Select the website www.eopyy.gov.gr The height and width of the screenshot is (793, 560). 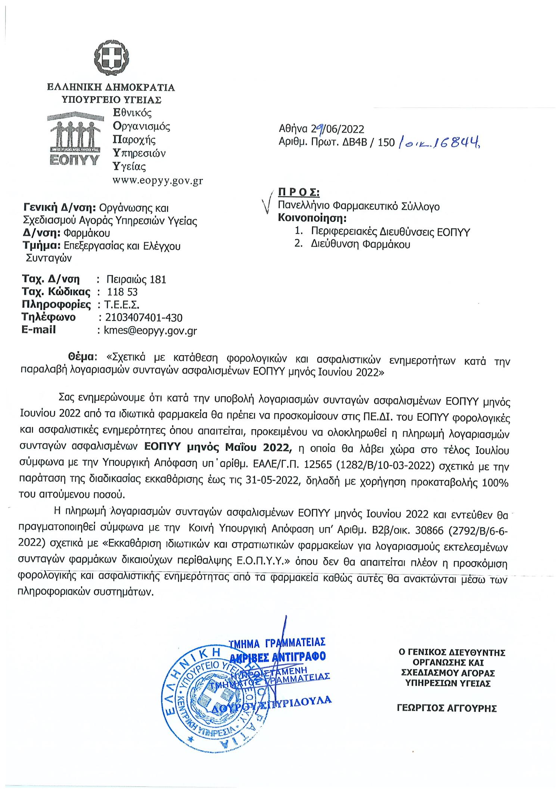pos(158,181)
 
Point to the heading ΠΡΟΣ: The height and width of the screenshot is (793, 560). pos(299,192)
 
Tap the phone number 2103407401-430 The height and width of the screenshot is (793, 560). pos(144,318)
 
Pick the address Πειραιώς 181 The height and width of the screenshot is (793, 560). pos(136,279)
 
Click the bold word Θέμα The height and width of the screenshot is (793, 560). pos(82,357)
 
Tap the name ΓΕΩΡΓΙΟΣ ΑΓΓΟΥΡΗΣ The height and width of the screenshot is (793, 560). pos(447,708)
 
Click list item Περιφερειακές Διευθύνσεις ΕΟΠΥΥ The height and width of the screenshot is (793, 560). pos(390,232)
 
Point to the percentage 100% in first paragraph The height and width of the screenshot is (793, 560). pos(495,483)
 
